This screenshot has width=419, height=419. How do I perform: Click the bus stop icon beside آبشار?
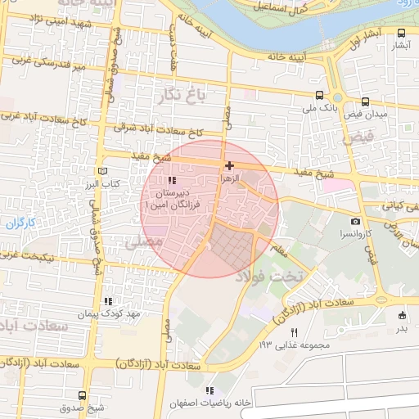(400, 34)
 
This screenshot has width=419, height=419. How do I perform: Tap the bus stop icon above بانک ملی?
(318, 94)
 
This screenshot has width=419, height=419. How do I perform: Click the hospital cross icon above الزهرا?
(229, 165)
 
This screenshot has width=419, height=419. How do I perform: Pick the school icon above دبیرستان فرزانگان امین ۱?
(171, 181)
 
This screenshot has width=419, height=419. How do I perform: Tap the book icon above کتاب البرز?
(102, 170)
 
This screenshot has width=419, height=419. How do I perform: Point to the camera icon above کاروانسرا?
(355, 222)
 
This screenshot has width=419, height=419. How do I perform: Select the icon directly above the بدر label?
(401, 315)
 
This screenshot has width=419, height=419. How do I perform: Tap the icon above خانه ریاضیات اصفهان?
(210, 390)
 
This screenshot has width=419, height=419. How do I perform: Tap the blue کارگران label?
(16, 223)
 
